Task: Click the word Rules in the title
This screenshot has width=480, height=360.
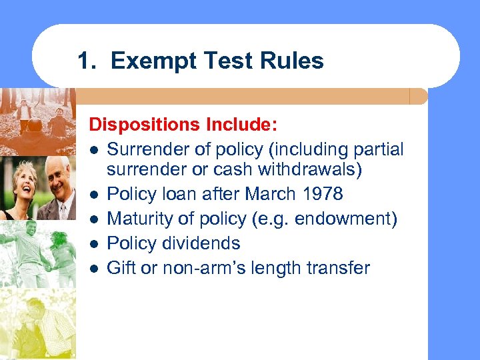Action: click(x=293, y=61)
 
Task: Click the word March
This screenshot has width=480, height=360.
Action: click(x=268, y=194)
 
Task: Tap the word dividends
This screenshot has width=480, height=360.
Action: click(x=207, y=243)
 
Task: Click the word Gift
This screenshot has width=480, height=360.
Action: click(x=120, y=268)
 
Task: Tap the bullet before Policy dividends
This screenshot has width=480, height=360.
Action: click(x=95, y=244)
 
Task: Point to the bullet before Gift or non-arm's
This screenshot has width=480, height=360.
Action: click(x=95, y=269)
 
